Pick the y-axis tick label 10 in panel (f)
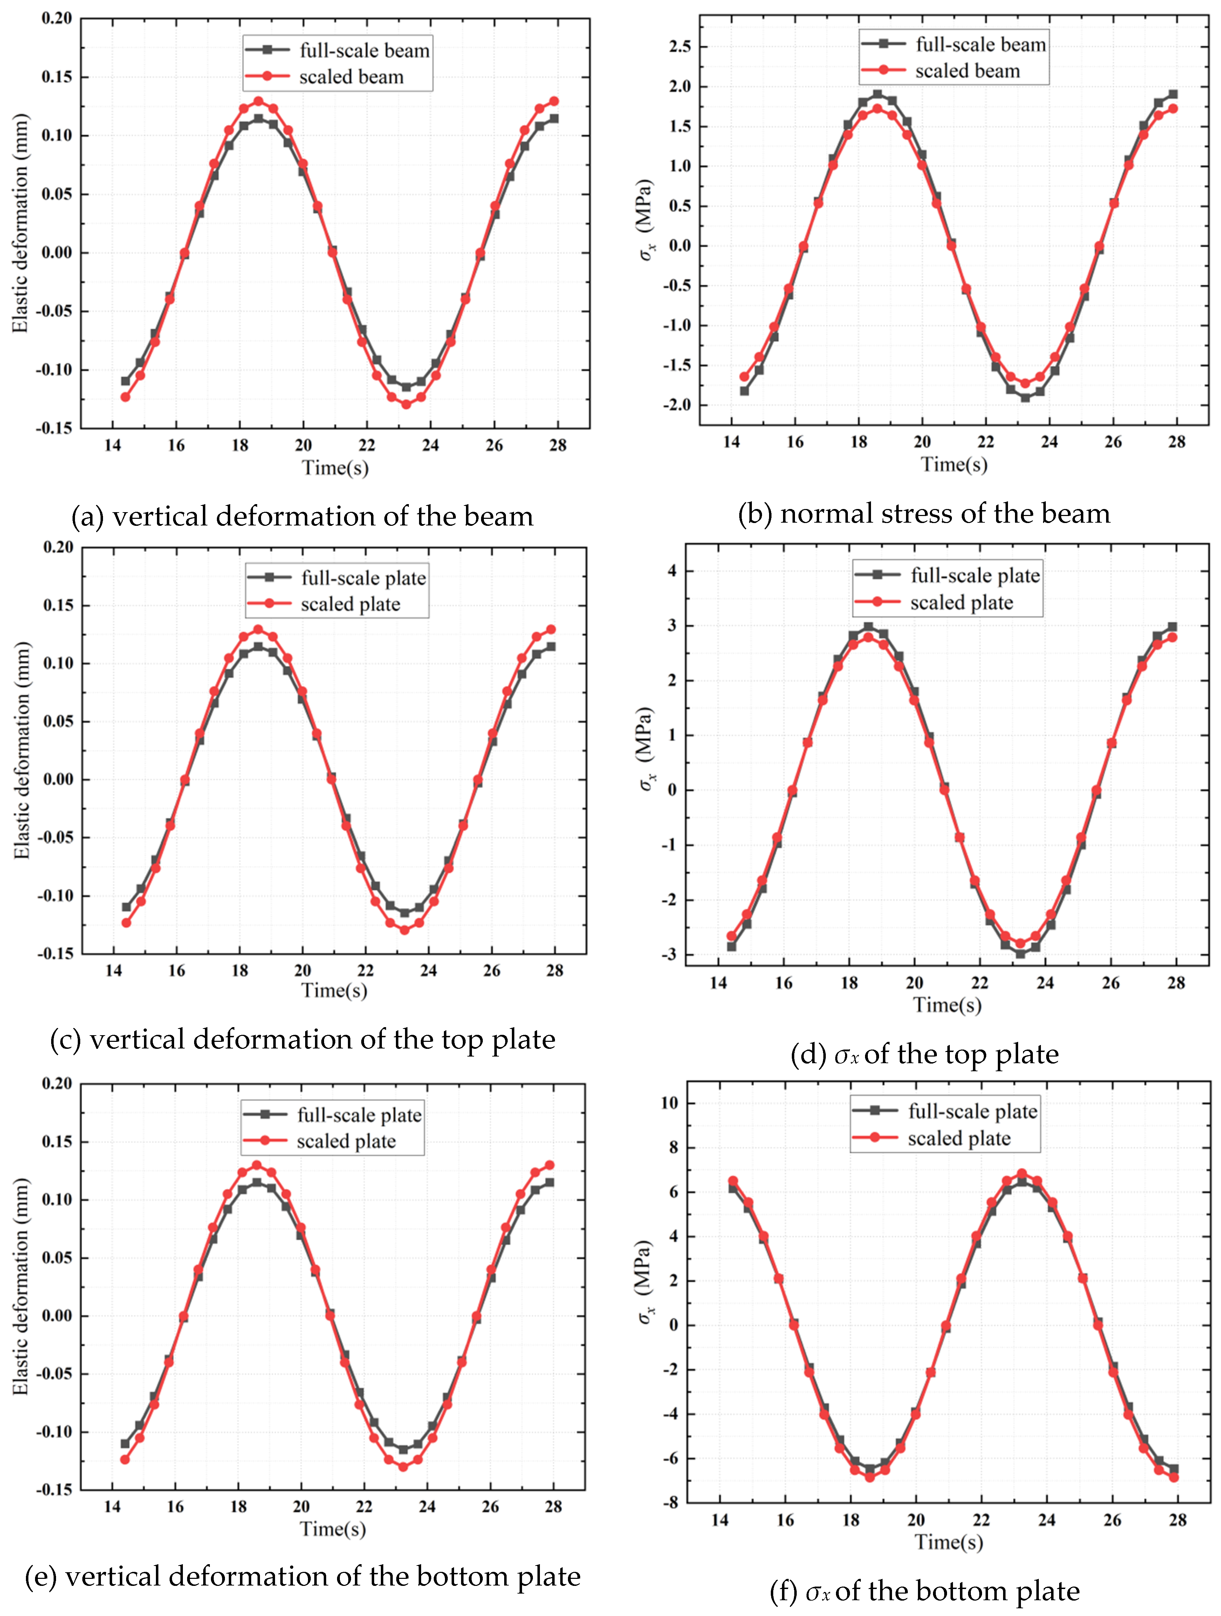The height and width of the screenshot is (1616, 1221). (x=669, y=1103)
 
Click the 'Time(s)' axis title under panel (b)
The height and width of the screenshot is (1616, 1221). (x=954, y=465)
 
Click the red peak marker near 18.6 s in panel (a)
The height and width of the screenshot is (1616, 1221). (x=258, y=101)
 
